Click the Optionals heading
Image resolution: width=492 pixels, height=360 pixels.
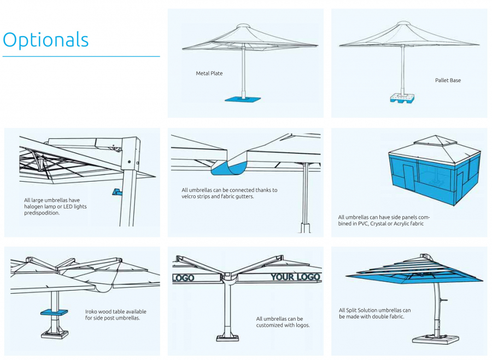click(x=46, y=40)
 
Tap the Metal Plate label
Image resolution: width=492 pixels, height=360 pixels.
click(x=209, y=73)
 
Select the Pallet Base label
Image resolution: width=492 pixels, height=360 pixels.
click(x=448, y=80)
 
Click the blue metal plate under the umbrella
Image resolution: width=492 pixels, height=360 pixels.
click(x=243, y=99)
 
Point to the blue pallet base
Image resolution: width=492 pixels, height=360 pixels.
click(x=402, y=98)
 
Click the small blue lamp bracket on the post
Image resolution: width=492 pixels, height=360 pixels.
click(x=116, y=191)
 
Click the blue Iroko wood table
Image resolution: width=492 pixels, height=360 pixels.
click(x=54, y=312)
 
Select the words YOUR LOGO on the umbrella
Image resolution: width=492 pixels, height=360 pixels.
click(x=295, y=277)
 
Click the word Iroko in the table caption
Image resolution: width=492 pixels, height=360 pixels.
click(x=91, y=312)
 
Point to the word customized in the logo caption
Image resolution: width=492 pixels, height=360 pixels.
click(x=268, y=325)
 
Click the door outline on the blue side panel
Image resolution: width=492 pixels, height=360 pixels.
click(x=409, y=177)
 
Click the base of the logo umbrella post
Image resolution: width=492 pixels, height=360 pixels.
click(x=227, y=338)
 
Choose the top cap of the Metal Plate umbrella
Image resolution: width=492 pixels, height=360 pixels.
click(x=243, y=26)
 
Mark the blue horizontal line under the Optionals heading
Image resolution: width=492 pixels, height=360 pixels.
click(x=81, y=56)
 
